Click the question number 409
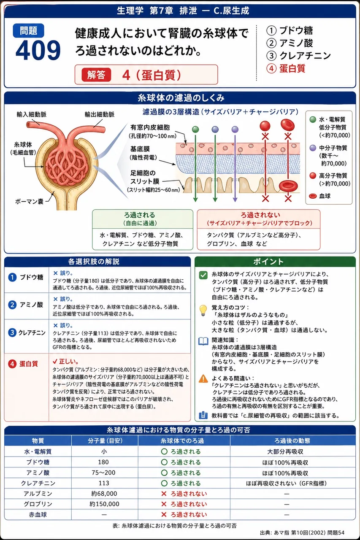pyautogui.click(x=38, y=50)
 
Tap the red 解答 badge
pyautogui.click(x=96, y=75)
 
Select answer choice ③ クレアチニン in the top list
pyautogui.click(x=298, y=56)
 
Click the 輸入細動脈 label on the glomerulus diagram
pyautogui.click(x=31, y=114)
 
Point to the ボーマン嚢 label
pyautogui.click(x=29, y=201)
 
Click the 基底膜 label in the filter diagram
pyautogui.click(x=140, y=149)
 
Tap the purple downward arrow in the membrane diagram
pyautogui.click(x=235, y=168)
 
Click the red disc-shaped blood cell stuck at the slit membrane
pyautogui.click(x=288, y=186)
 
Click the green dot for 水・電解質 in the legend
pyautogui.click(x=313, y=119)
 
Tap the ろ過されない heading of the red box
pyautogui.click(x=260, y=215)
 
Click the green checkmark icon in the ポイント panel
pyautogui.click(x=203, y=275)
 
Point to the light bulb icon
pyautogui.click(x=203, y=310)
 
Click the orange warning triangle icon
pyautogui.click(x=203, y=378)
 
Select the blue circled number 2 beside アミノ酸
pyautogui.click(x=12, y=305)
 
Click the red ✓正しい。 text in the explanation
pyautogui.click(x=65, y=362)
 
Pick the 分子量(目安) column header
pyautogui.click(x=105, y=441)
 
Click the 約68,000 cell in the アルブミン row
pyautogui.click(x=104, y=494)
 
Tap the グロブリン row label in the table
pyautogui.click(x=38, y=504)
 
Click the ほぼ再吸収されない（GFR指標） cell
pyautogui.click(x=287, y=483)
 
